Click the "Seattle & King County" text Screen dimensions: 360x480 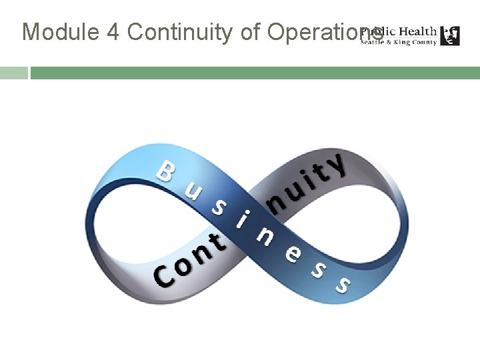tap(399, 42)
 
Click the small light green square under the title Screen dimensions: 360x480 tap(13, 73)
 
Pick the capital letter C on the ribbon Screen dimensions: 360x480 tap(162, 277)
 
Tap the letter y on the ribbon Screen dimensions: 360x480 tap(339, 165)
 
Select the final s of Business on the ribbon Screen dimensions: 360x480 tap(343, 285)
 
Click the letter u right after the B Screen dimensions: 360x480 tap(193, 192)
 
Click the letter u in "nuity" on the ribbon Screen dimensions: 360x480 tap(292, 188)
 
